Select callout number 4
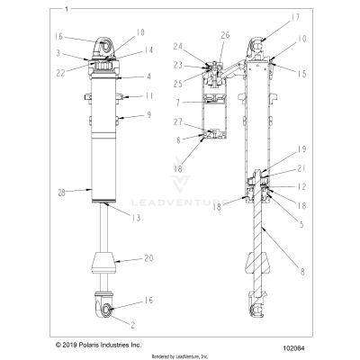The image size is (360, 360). pyautogui.click(x=148, y=76)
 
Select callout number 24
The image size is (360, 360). pyautogui.click(x=178, y=47)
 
